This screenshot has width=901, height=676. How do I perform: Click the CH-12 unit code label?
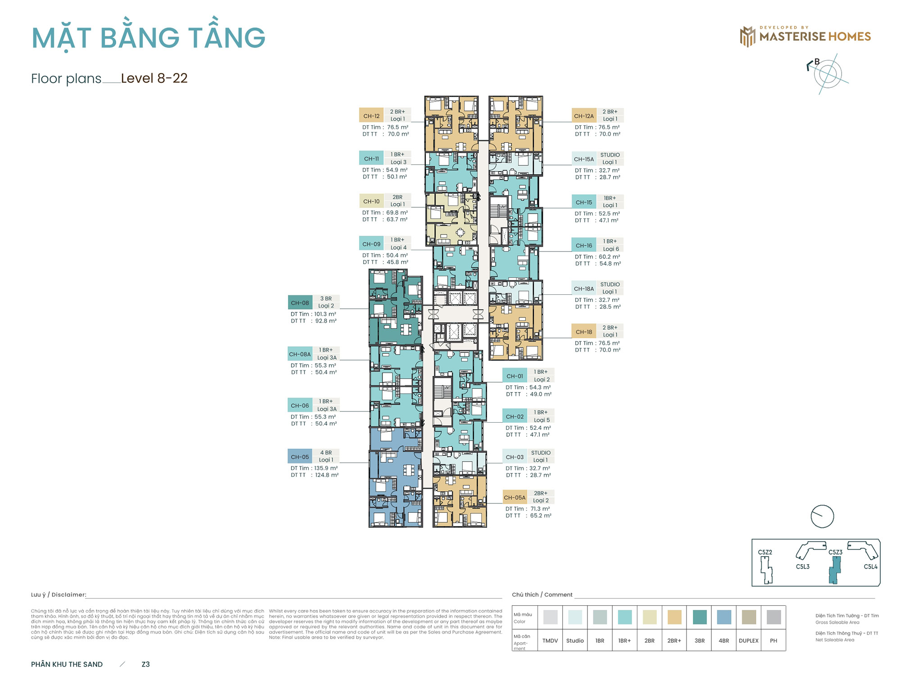point(371,116)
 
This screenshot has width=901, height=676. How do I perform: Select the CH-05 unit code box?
point(300,457)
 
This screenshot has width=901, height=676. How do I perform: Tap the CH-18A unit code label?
point(584,288)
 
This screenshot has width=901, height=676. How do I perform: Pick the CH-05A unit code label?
point(514,498)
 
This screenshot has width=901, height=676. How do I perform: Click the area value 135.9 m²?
point(326,468)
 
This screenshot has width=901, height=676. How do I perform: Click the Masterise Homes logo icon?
point(747,37)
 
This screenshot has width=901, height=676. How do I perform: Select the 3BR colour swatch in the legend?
point(699,617)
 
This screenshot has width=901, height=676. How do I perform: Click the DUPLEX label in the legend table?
point(748,640)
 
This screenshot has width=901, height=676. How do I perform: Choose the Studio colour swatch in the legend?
point(575,617)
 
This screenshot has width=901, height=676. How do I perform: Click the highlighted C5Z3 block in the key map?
point(835,570)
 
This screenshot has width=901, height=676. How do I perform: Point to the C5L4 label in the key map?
point(870,566)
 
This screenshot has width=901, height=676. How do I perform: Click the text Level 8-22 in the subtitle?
point(154,78)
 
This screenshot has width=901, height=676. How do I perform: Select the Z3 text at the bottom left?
point(146,664)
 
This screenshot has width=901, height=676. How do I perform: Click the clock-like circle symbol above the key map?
point(822,516)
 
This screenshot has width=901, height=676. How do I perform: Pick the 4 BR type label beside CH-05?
point(326,452)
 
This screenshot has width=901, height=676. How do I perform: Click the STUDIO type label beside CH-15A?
point(610,155)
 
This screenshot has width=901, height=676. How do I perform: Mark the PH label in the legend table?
point(773,640)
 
